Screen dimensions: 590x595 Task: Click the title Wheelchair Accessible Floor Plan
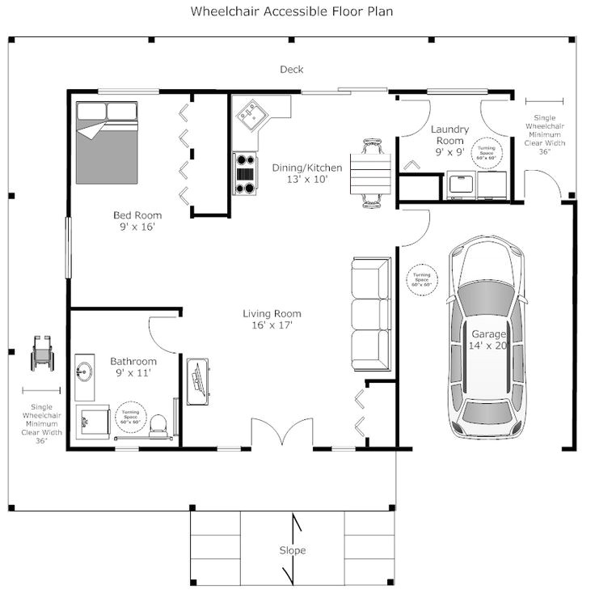pyautogui.click(x=293, y=12)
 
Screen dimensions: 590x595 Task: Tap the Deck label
pyautogui.click(x=292, y=70)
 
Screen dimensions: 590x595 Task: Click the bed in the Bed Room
pyautogui.click(x=107, y=141)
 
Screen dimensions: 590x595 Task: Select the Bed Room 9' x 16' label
pyautogui.click(x=137, y=221)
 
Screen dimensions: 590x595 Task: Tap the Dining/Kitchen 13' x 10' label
pyautogui.click(x=306, y=173)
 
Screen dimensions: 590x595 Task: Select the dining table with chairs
pyautogui.click(x=371, y=172)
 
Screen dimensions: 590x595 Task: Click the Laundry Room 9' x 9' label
pyautogui.click(x=449, y=140)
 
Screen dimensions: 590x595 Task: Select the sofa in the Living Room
pyautogui.click(x=372, y=311)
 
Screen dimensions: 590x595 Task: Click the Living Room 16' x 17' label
pyautogui.click(x=272, y=319)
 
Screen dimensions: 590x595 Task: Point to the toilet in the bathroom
pyautogui.click(x=159, y=423)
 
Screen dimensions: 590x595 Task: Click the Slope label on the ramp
pyautogui.click(x=293, y=550)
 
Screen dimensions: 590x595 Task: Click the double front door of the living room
pyautogui.click(x=280, y=435)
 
